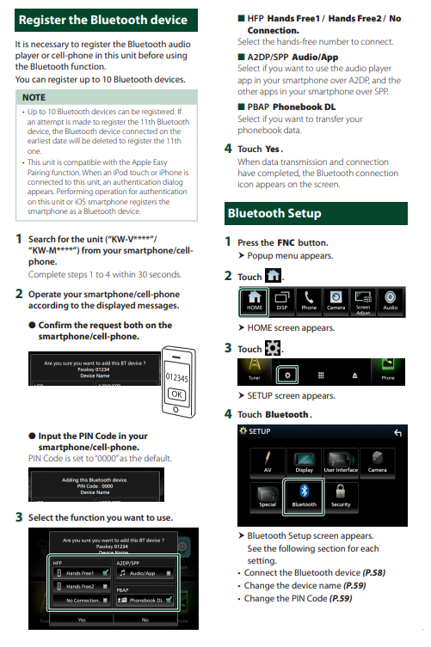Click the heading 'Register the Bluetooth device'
(x=102, y=20)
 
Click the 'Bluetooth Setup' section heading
(x=274, y=213)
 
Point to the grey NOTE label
(x=34, y=98)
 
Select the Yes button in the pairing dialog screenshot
(x=82, y=619)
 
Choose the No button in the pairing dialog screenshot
(x=145, y=619)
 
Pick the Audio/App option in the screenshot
(x=143, y=572)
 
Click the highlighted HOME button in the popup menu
(x=256, y=301)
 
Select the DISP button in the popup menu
(x=282, y=301)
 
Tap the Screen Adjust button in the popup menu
(x=363, y=301)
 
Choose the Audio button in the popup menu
(x=391, y=301)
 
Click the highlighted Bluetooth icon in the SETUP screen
(x=304, y=496)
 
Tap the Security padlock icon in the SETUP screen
(x=341, y=496)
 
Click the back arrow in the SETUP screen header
(x=397, y=432)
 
